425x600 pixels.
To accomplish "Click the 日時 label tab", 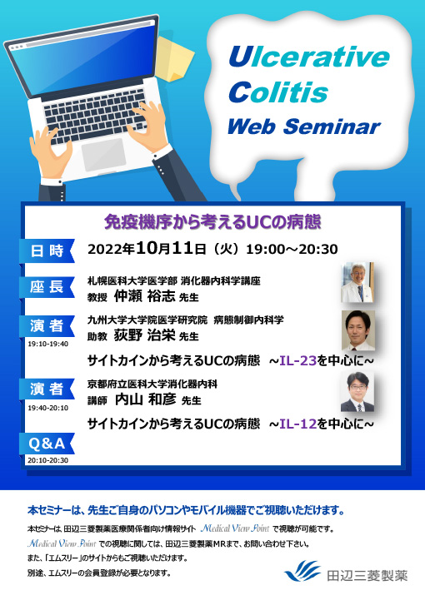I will click(47, 250).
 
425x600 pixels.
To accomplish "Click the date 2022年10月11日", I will click(158, 249).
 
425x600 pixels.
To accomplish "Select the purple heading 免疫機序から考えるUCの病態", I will click(212, 222).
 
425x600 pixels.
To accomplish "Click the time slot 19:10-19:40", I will click(47, 343).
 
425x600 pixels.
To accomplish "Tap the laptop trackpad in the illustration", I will click(103, 153).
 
